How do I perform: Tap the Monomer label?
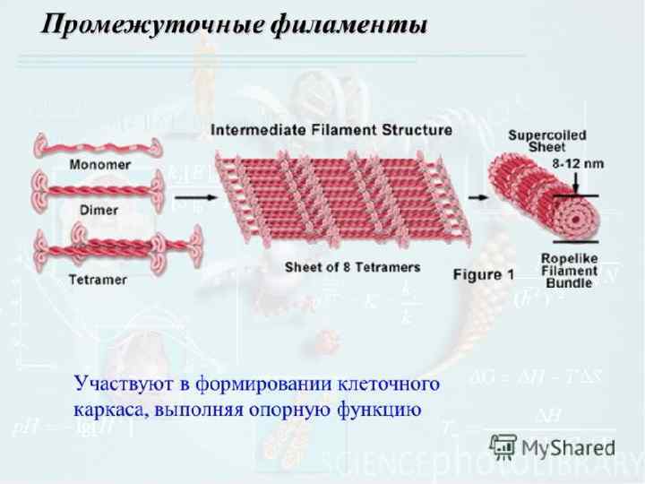pyautogui.click(x=99, y=165)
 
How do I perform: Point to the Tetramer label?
pyautogui.click(x=98, y=280)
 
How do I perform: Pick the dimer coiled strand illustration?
pyautogui.click(x=99, y=191)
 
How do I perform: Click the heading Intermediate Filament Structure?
pyautogui.click(x=331, y=130)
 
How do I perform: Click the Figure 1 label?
pyautogui.click(x=483, y=275)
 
